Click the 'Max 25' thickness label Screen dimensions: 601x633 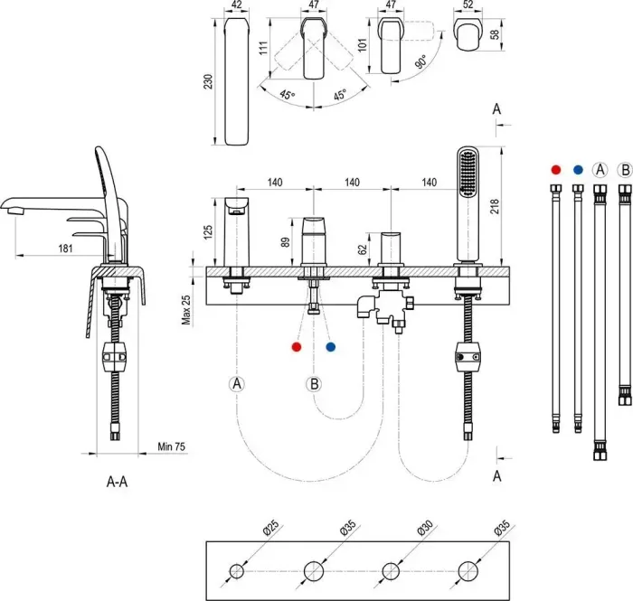tap(186, 308)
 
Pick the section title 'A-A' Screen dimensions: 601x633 tap(118, 482)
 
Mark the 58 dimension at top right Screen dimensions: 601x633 tap(493, 34)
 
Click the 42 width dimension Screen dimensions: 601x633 tap(237, 5)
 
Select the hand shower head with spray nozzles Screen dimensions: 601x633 tap(468, 172)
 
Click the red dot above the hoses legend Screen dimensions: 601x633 tap(554, 169)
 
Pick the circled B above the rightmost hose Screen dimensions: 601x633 tap(624, 169)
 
